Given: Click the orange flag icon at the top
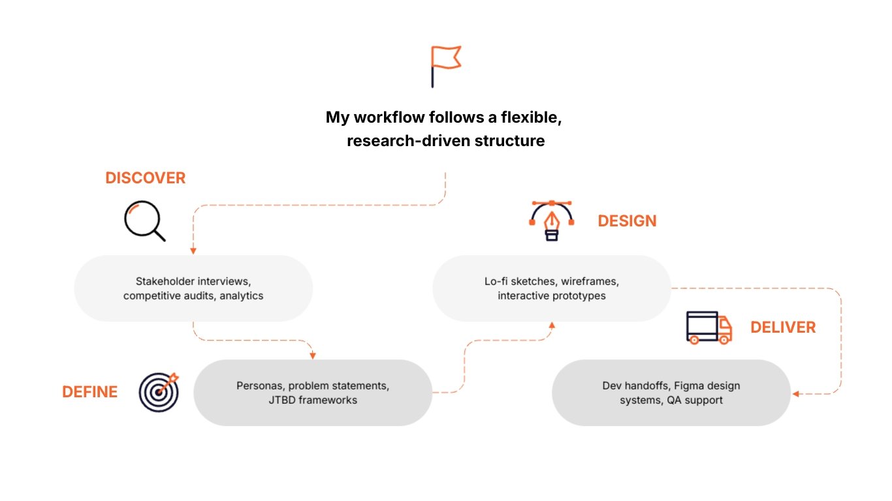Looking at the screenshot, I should pos(445,65).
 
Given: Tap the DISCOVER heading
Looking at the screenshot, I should pos(145,178).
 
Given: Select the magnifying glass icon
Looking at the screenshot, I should pos(144,220).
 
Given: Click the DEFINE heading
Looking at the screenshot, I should pos(89,392).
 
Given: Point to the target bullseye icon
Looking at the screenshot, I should pos(158,392).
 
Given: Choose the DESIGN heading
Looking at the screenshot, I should pos(627,221).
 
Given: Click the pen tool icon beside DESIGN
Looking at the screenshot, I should pos(552,221).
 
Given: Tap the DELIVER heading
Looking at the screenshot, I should pos(782,327).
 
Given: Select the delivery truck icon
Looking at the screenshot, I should pos(709,327).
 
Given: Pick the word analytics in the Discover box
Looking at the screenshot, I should pos(242,296).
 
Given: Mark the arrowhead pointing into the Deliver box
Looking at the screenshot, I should pos(796,394).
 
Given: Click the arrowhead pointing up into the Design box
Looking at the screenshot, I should pos(552,324).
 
